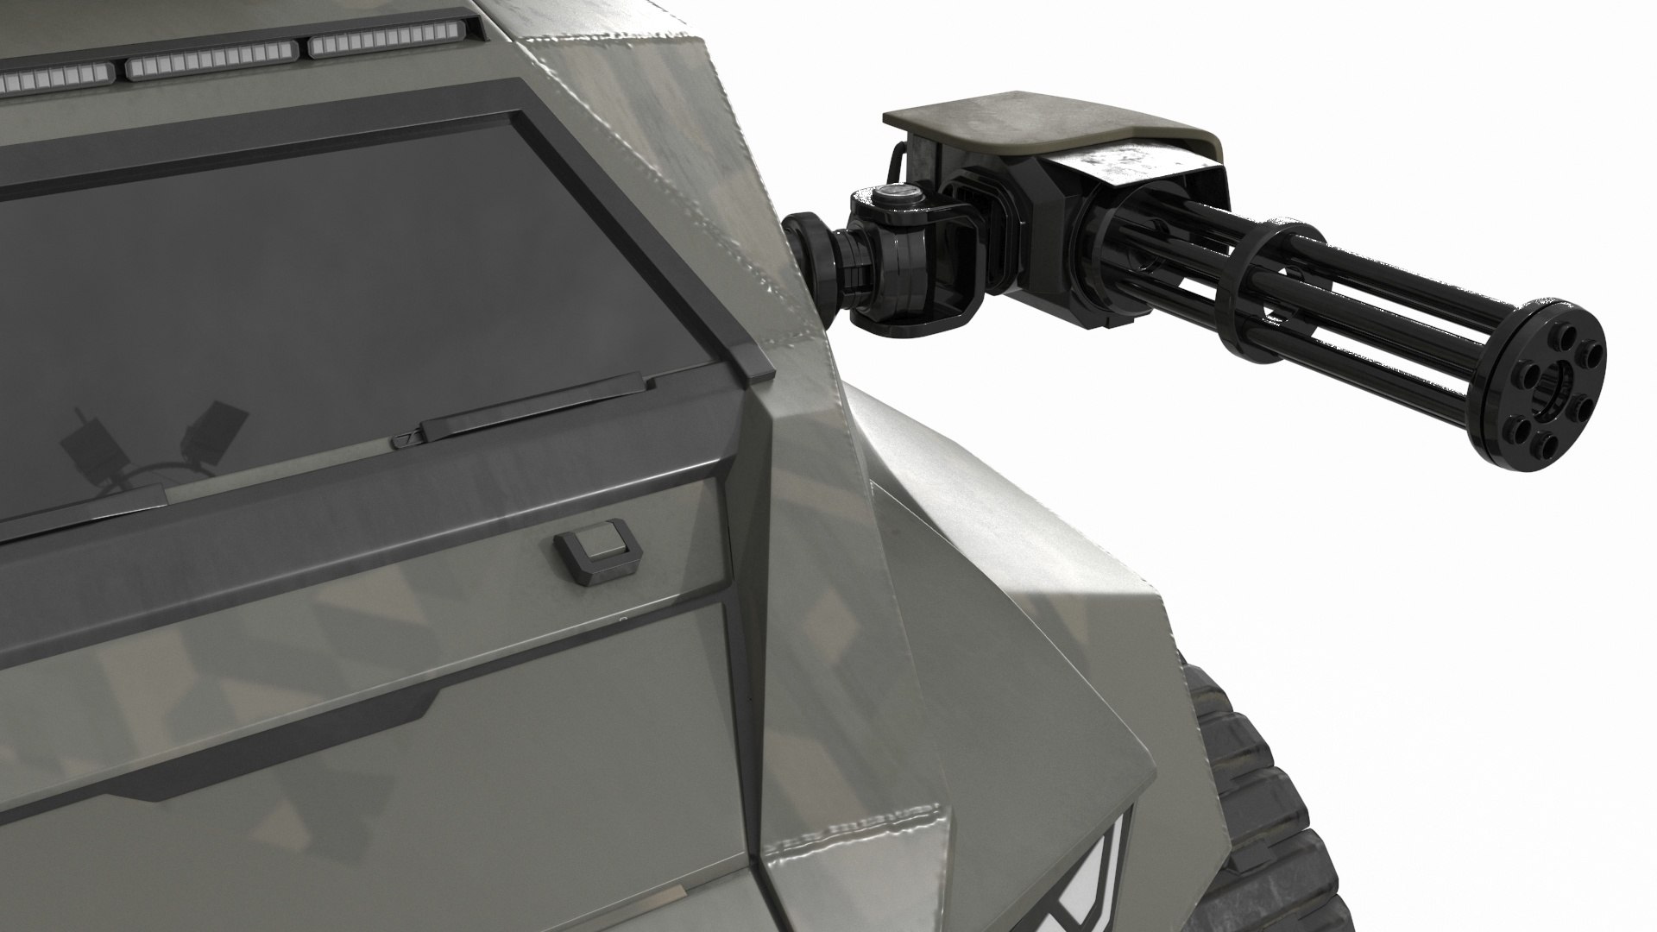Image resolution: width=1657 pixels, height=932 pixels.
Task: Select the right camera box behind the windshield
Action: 216,431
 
